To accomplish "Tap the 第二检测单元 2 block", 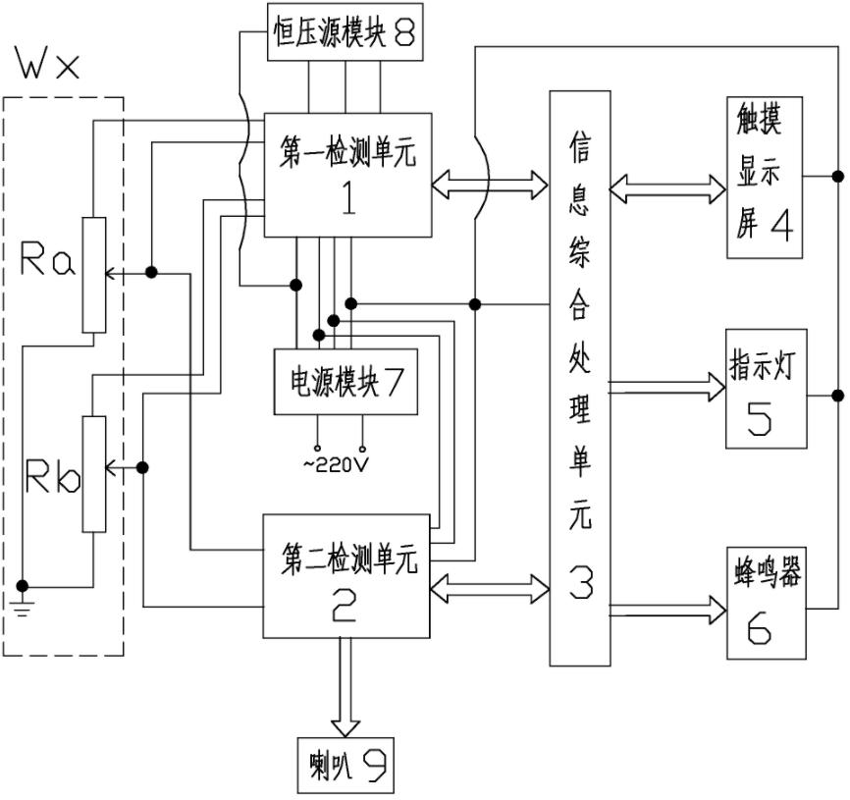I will click(348, 574).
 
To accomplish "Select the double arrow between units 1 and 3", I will click(490, 181).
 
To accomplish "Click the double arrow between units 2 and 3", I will click(490, 588).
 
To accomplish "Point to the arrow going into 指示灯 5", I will click(666, 382).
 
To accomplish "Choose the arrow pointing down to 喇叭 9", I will click(345, 687).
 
